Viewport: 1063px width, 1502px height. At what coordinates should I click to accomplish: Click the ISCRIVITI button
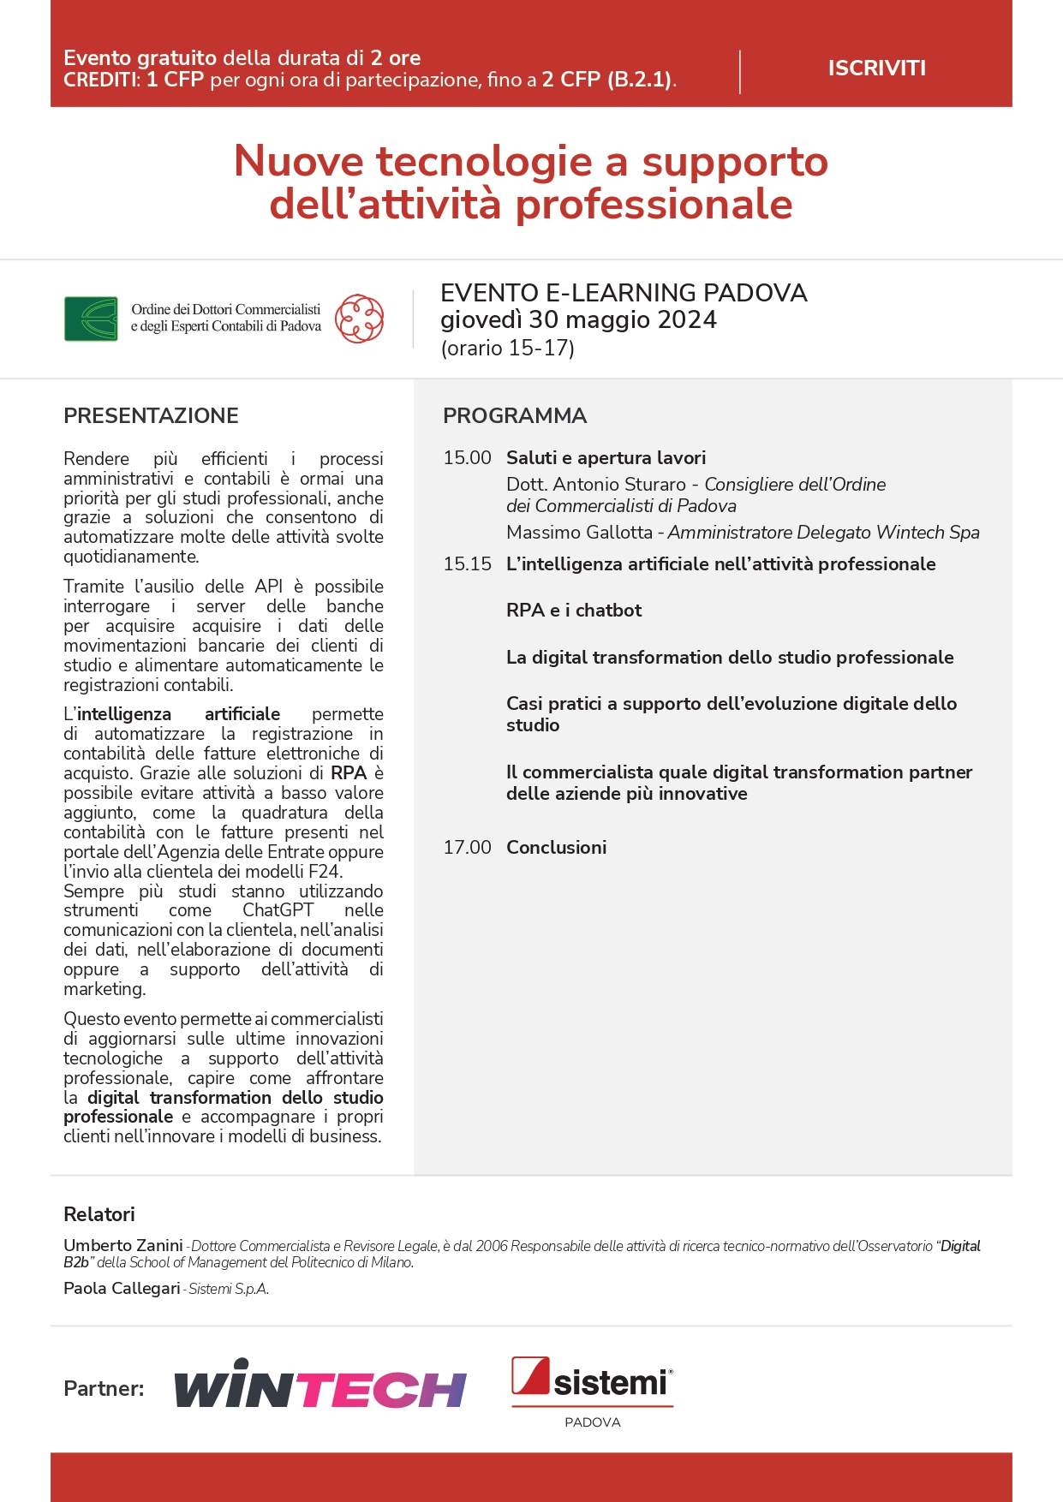coord(876,69)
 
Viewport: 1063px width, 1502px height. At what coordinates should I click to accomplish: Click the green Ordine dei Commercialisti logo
coord(91,319)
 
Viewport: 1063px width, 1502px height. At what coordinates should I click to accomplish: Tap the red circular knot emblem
coord(359,319)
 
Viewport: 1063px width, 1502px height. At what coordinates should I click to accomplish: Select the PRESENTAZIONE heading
coord(151,416)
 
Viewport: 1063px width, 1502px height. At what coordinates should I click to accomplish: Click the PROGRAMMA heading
coord(514,416)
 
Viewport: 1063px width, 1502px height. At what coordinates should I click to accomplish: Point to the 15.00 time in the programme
coord(467,458)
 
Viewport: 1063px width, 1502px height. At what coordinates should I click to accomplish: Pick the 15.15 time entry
coord(467,564)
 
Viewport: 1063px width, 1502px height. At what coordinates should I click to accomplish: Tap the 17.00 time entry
coord(467,848)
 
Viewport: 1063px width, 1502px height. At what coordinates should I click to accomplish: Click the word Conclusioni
coord(556,848)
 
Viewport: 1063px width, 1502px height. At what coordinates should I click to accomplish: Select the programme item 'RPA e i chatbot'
coord(574,611)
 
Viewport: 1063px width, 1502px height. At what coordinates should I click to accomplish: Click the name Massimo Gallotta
coord(579,533)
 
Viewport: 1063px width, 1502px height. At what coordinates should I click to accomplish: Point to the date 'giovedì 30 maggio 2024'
coord(578,320)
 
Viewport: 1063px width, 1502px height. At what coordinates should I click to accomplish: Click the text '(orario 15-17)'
coord(507,349)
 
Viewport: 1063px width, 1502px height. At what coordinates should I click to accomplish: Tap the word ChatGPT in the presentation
coord(278,910)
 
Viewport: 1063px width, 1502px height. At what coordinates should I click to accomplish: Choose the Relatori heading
coord(99,1214)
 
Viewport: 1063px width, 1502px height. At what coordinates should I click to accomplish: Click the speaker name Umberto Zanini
coord(123,1246)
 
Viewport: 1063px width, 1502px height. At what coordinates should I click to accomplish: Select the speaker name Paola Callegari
coord(122,1289)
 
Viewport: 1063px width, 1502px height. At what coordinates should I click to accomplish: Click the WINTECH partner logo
coord(320,1384)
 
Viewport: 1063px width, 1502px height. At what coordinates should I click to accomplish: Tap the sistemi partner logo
coord(592,1380)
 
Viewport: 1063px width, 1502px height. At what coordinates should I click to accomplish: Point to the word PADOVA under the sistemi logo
coord(592,1422)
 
